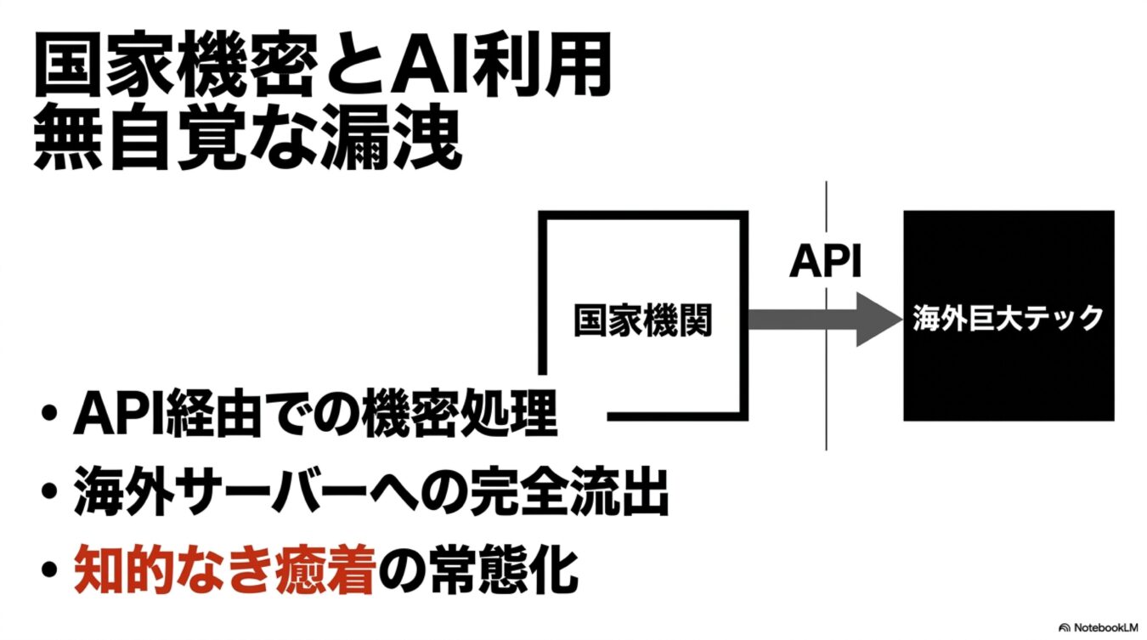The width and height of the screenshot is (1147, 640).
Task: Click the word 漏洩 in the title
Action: coord(398,139)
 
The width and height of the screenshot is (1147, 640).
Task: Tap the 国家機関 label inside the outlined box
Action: coord(642,320)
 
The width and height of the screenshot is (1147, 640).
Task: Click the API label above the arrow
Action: coord(825,263)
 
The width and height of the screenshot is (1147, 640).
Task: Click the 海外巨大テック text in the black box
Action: coord(1008,319)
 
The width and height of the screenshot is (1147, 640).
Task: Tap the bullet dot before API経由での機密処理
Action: coord(50,417)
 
